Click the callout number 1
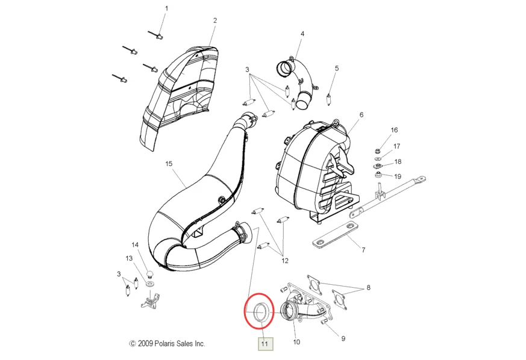coord(167,8)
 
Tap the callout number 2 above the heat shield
coord(214,20)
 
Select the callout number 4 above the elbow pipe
coord(302,34)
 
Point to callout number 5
coord(337,68)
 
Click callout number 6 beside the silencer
coord(362,114)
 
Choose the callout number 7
coord(364,249)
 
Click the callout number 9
coord(343,338)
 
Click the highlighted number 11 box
coord(265,344)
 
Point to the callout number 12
coord(284,261)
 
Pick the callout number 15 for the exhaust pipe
coord(169,164)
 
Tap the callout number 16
coord(395,130)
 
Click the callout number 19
coord(398,176)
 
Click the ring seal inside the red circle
coord(260,313)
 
